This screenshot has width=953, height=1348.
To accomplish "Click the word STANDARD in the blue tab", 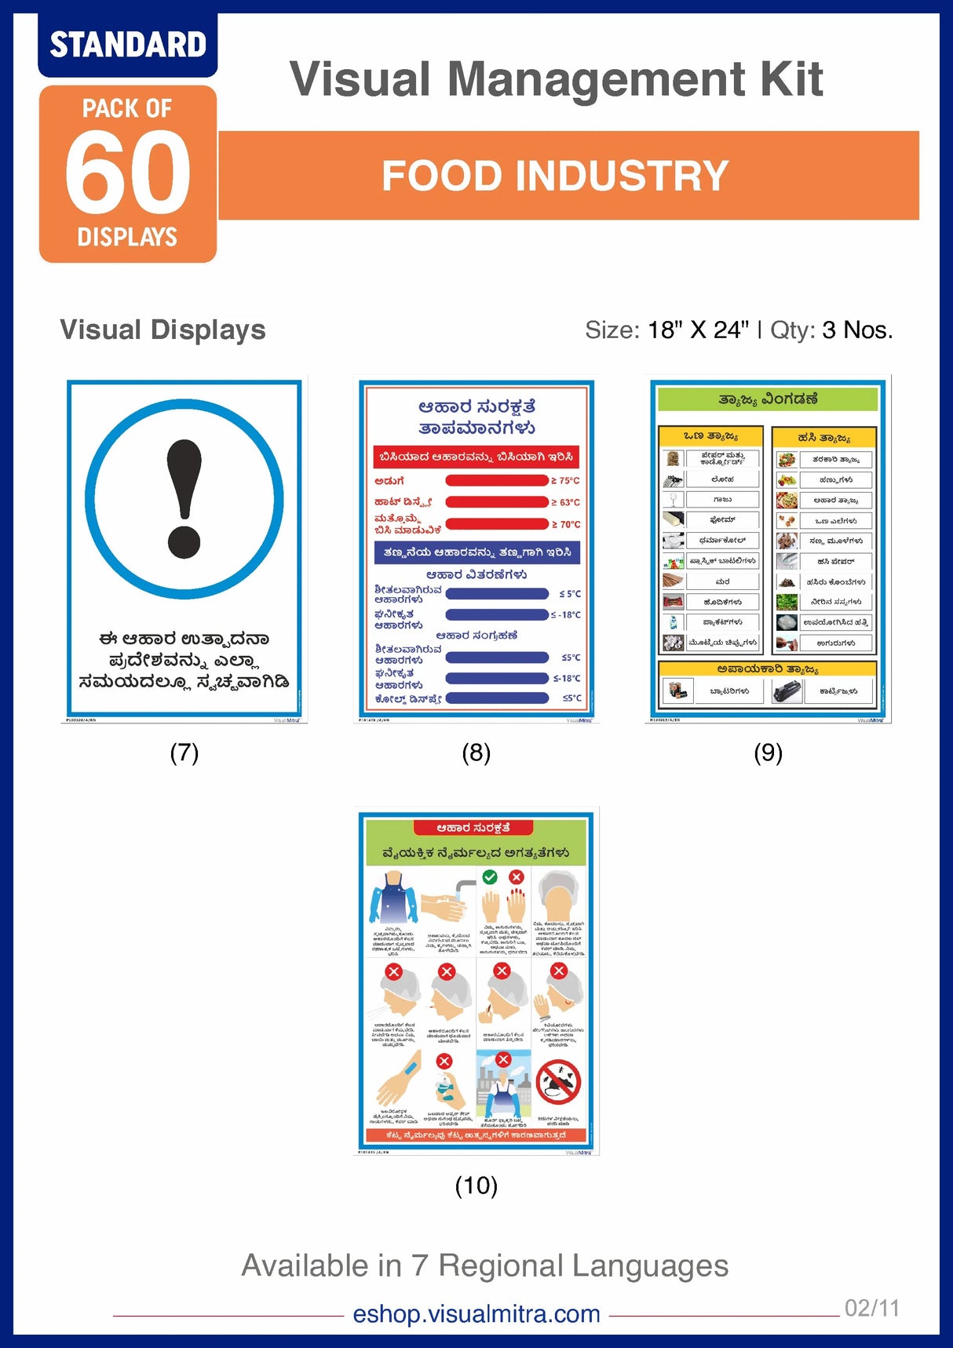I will coord(128,45).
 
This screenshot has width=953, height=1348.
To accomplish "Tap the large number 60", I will coord(128,173).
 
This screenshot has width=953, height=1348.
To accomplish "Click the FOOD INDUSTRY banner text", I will coord(555,176).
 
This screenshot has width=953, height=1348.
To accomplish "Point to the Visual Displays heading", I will coord(162,330).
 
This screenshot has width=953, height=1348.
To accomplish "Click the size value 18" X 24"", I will coord(698,330).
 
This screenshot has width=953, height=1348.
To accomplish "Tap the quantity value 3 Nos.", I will coord(857,330).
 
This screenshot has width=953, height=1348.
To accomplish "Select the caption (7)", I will coord(184,752).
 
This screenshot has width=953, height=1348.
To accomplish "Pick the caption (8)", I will coord(476,752).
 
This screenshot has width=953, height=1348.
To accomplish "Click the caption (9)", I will coord(768,752).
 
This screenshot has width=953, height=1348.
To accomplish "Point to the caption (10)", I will coord(476,1185).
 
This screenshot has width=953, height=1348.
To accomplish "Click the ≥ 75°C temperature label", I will coord(565,480).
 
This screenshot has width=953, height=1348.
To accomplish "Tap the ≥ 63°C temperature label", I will coord(565,502).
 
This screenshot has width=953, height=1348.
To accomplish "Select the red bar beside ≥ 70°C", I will coord(496,524).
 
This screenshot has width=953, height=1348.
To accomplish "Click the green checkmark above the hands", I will coord(490,876).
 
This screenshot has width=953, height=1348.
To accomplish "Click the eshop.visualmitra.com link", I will coord(476,1313).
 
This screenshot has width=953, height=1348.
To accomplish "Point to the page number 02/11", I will coord(871,1308).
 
